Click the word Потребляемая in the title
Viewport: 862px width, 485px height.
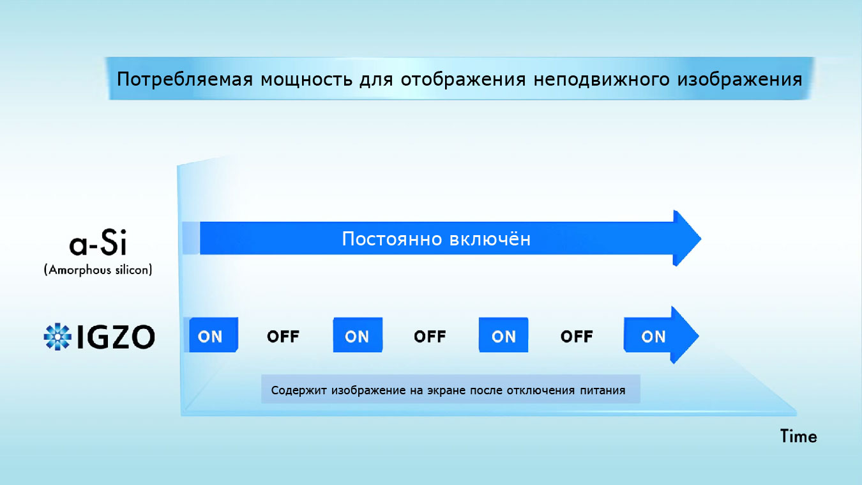[x=185, y=80]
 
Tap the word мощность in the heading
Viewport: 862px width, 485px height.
[x=306, y=80]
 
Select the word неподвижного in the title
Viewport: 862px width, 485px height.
[x=601, y=80]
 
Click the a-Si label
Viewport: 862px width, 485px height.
[x=98, y=243]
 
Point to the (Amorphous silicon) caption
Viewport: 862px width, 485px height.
[x=98, y=270]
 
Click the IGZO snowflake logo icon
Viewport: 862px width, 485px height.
[x=57, y=337]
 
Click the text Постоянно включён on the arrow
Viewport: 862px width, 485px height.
[x=436, y=239]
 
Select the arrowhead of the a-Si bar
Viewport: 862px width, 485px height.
[x=687, y=238]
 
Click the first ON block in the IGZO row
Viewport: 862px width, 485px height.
[x=213, y=335]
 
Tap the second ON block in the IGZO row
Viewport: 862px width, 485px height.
[x=358, y=335]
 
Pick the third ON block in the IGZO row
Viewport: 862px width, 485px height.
[x=503, y=335]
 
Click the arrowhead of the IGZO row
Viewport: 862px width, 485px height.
[x=685, y=335]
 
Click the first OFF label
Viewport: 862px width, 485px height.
[x=284, y=337]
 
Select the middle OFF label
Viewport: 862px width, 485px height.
[x=430, y=337]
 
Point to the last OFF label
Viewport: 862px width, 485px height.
[x=577, y=337]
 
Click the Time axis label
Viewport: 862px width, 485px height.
[x=799, y=436]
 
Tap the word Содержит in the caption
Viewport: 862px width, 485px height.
[x=299, y=390]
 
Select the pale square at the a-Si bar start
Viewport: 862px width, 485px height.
[x=191, y=238]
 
